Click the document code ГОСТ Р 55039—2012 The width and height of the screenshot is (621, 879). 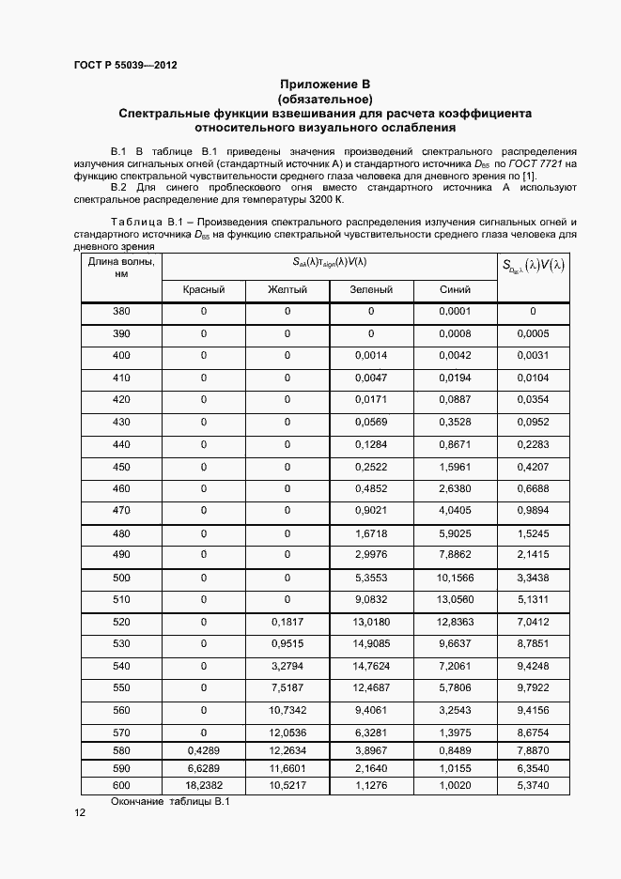pyautogui.click(x=125, y=66)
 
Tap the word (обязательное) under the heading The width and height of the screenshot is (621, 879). pyautogui.click(x=324, y=99)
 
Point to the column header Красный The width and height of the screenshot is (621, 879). pyautogui.click(x=204, y=290)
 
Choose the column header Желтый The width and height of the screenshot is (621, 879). pyautogui.click(x=287, y=290)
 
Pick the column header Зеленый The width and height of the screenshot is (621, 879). pyautogui.click(x=371, y=290)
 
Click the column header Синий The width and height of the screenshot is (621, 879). pyautogui.click(x=455, y=290)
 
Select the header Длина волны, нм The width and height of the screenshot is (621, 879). pyautogui.click(x=121, y=268)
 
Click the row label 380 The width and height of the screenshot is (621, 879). pyautogui.click(x=121, y=311)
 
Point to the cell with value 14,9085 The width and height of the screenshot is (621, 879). pyautogui.click(x=371, y=642)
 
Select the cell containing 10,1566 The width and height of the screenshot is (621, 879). pyautogui.click(x=455, y=578)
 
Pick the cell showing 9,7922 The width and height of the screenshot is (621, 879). pyautogui.click(x=533, y=687)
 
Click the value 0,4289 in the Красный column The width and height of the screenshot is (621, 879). pyautogui.click(x=204, y=750)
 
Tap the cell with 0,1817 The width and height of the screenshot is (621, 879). pyautogui.click(x=287, y=621)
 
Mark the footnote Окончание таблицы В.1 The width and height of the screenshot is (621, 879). pyautogui.click(x=170, y=801)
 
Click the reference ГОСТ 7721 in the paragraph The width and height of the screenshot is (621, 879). pyautogui.click(x=534, y=163)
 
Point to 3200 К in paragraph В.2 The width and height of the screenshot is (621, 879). pyautogui.click(x=324, y=200)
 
